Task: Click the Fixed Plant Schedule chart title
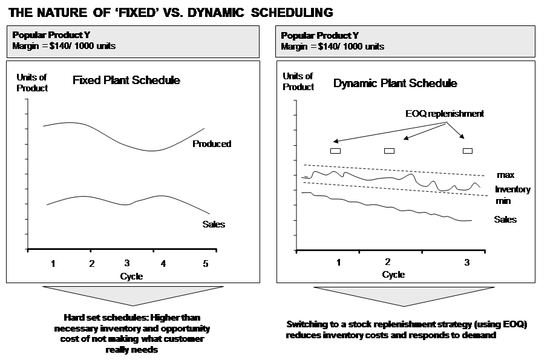click(x=126, y=80)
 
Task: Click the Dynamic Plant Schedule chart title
click(x=395, y=83)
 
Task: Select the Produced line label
click(x=211, y=144)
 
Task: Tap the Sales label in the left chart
click(x=213, y=224)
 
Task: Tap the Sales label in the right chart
click(x=505, y=220)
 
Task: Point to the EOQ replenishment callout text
click(x=445, y=114)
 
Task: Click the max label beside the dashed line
click(x=505, y=175)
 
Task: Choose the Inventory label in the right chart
click(x=512, y=189)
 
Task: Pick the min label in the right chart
click(x=503, y=200)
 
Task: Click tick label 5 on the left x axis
click(x=204, y=263)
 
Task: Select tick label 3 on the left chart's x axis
click(x=126, y=263)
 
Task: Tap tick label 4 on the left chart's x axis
click(x=163, y=263)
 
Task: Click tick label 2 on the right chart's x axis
click(x=387, y=261)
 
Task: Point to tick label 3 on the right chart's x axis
click(x=466, y=262)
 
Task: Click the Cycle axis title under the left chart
click(x=131, y=277)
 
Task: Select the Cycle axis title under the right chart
click(x=393, y=275)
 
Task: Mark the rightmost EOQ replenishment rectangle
click(x=468, y=151)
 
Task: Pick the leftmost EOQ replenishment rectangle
click(x=335, y=151)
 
